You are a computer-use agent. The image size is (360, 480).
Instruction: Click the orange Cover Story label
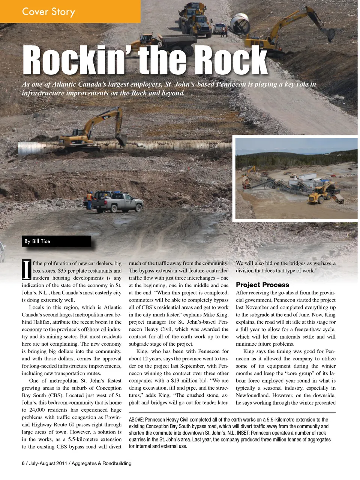click(x=49, y=12)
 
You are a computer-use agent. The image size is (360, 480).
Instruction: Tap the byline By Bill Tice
click(x=37, y=241)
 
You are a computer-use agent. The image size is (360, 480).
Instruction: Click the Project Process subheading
click(x=262, y=285)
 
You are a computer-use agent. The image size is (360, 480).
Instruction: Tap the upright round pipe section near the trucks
click(x=240, y=24)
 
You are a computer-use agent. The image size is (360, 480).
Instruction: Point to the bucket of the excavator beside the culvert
click(x=121, y=140)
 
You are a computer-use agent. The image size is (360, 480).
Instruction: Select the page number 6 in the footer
click(x=23, y=463)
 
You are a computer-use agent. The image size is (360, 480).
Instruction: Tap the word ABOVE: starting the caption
click(x=136, y=420)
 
